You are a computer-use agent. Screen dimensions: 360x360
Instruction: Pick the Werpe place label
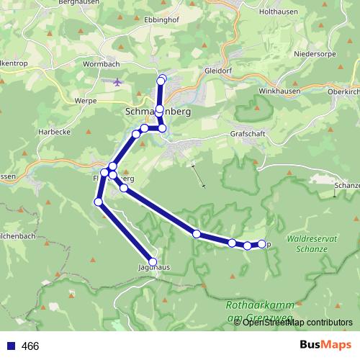pyautogui.click(x=85, y=101)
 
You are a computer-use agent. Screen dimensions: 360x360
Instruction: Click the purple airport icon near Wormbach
pyautogui.click(x=118, y=81)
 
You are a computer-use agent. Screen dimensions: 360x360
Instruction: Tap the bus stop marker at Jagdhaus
pyautogui.click(x=153, y=262)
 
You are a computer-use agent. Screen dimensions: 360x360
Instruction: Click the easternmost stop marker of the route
pyautogui.click(x=261, y=243)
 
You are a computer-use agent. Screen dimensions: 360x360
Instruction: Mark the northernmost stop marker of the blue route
pyautogui.click(x=162, y=79)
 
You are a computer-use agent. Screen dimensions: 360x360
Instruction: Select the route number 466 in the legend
pyautogui.click(x=30, y=346)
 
